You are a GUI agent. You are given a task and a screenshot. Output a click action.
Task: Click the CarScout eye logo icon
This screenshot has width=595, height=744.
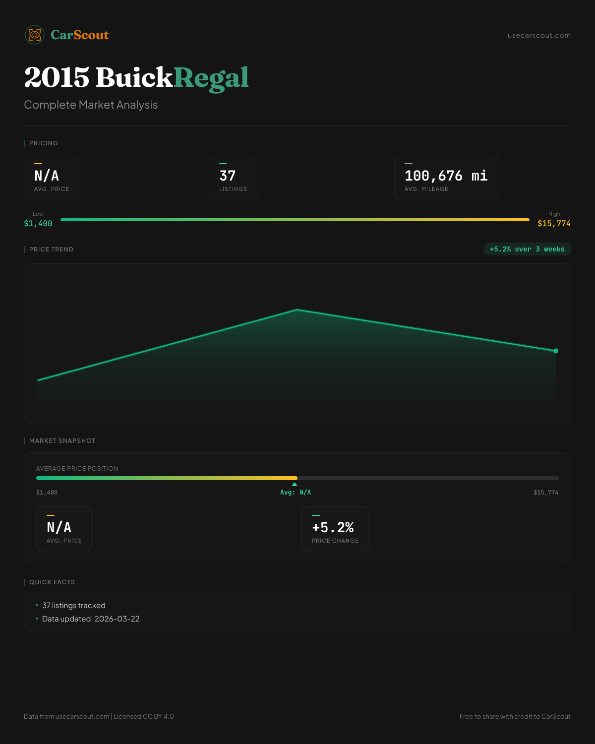tap(35, 35)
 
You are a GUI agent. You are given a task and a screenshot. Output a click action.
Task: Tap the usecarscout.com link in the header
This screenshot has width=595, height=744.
tap(539, 35)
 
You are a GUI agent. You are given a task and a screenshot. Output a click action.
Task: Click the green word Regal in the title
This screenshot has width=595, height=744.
tap(211, 78)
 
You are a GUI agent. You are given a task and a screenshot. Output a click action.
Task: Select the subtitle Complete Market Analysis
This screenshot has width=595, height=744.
tap(91, 105)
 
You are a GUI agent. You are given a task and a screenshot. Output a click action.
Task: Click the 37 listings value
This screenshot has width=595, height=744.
tap(228, 176)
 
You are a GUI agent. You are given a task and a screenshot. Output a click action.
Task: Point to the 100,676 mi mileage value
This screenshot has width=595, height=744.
tap(446, 176)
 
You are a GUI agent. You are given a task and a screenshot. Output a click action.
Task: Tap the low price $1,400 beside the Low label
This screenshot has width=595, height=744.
tap(38, 224)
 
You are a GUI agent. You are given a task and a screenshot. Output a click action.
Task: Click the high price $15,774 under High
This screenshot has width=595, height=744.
tap(554, 224)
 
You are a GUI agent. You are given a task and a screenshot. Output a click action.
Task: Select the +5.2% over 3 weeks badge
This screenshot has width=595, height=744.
tap(527, 249)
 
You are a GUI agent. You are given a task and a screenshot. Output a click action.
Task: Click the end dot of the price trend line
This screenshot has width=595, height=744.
tap(556, 351)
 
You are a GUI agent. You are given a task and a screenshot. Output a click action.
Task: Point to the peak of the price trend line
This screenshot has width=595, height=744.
tap(297, 310)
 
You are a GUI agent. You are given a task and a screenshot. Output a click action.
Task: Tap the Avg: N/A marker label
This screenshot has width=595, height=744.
tap(296, 493)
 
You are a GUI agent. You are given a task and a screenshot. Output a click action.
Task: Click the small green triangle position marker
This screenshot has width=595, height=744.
tap(295, 484)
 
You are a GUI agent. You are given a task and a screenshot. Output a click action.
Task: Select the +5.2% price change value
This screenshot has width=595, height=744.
tap(333, 527)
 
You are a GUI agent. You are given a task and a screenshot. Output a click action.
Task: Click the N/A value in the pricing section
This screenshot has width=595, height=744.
tap(47, 176)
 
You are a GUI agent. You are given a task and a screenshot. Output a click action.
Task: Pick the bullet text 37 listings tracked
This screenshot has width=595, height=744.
tap(74, 606)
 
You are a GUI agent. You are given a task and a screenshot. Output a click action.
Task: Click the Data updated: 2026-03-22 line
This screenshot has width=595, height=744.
tap(91, 619)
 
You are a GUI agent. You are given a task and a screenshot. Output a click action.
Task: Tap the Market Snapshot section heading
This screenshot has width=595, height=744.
tap(62, 441)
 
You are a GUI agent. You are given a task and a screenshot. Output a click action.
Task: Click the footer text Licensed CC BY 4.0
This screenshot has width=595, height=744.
tap(144, 716)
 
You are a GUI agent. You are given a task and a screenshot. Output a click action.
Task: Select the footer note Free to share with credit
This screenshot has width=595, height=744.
tap(515, 716)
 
